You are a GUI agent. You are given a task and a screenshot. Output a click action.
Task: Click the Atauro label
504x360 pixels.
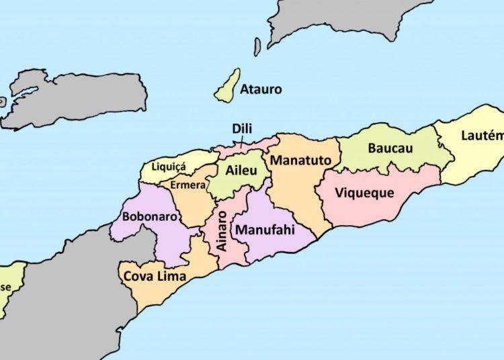[x=261, y=89]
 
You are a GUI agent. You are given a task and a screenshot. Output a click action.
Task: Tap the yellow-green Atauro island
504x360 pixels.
[x=227, y=86]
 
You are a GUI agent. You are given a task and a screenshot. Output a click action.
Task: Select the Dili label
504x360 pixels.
[x=242, y=128]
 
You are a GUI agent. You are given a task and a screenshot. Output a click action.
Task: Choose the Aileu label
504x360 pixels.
[x=241, y=171]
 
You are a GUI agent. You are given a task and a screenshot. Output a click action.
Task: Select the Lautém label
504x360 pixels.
[x=482, y=136]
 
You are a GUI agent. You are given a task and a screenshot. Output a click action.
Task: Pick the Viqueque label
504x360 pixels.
[x=364, y=193]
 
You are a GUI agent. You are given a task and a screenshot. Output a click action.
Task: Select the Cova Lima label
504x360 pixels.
[x=155, y=275]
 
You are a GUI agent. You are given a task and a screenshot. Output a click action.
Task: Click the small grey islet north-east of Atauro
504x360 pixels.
[x=257, y=46]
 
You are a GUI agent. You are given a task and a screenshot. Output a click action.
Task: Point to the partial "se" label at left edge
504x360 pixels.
[x=5, y=287]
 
